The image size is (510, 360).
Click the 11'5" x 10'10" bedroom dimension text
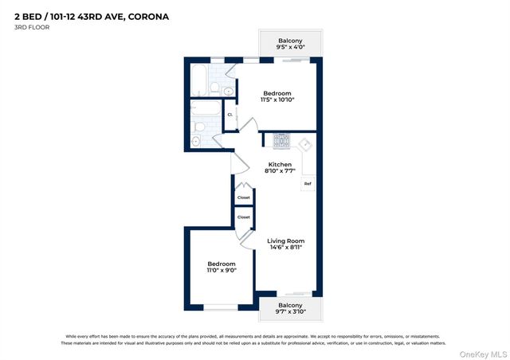(x=277, y=100)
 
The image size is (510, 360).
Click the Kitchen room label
(x=279, y=165)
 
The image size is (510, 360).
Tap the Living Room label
(x=284, y=241)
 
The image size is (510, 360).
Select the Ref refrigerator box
(x=308, y=184)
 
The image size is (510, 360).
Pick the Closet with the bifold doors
(x=244, y=198)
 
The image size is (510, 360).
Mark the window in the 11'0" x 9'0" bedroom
(x=221, y=307)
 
